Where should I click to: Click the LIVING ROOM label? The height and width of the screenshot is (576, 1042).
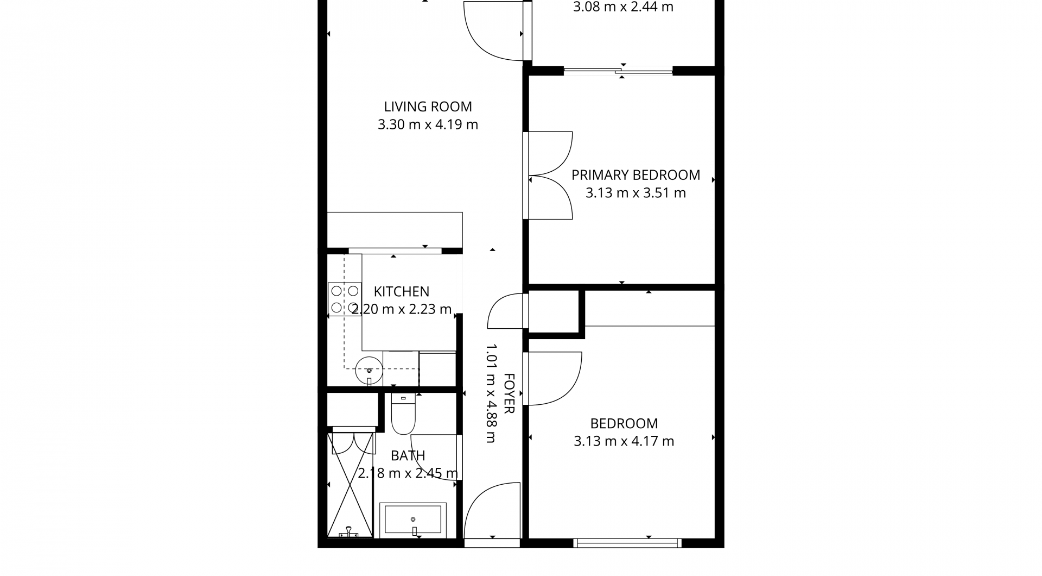click(x=428, y=107)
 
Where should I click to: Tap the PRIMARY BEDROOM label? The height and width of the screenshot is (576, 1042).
click(x=636, y=175)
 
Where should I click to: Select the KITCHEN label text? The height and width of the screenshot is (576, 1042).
click(x=402, y=292)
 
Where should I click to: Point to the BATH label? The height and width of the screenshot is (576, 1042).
click(x=408, y=455)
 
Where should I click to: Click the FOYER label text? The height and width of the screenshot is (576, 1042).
click(x=509, y=393)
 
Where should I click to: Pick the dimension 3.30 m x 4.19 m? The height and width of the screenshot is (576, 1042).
click(x=428, y=124)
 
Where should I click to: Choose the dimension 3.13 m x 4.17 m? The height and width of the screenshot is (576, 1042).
click(x=624, y=441)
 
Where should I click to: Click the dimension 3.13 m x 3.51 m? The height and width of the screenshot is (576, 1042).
click(x=636, y=193)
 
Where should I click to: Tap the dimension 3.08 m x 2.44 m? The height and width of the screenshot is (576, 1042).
click(x=624, y=8)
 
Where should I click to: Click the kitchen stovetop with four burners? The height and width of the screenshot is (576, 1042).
click(x=345, y=299)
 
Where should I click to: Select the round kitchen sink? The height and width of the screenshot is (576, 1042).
click(x=369, y=370)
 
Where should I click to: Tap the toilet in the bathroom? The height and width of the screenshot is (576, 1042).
click(x=403, y=414)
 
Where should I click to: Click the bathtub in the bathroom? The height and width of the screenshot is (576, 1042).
click(x=413, y=519)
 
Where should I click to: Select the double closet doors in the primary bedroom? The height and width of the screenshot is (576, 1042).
click(x=549, y=176)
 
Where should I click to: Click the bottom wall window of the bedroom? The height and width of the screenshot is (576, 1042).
click(x=627, y=542)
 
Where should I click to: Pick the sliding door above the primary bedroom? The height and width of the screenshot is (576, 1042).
click(x=619, y=70)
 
